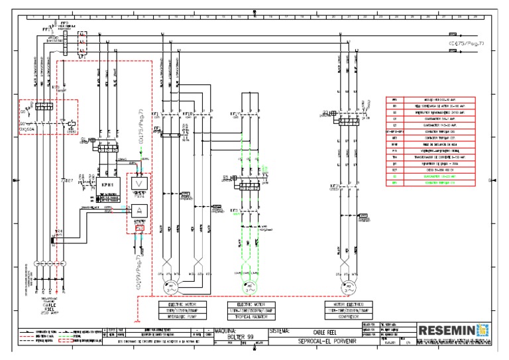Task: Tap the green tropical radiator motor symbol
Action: point(245,286)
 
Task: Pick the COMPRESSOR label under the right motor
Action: point(351,314)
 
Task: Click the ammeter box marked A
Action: point(139,210)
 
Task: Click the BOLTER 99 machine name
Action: point(240,337)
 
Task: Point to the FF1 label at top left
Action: point(46,30)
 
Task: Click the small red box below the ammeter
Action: point(139,228)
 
